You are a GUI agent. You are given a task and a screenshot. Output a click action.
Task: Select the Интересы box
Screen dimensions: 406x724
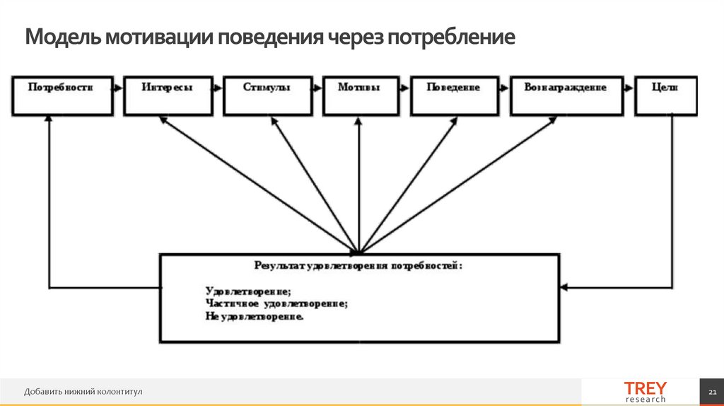coord(167,95)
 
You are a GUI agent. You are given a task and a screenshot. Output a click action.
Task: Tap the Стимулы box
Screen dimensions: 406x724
coord(267,95)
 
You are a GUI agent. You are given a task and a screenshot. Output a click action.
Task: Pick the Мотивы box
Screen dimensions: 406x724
coord(358,95)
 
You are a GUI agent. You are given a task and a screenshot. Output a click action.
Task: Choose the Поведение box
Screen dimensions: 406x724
coord(453,95)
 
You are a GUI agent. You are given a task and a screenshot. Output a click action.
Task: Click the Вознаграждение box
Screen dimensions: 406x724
coord(566,95)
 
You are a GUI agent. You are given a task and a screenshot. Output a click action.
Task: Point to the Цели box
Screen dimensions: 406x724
coord(665,95)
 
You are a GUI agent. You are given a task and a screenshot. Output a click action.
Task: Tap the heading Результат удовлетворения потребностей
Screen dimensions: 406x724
coord(358,266)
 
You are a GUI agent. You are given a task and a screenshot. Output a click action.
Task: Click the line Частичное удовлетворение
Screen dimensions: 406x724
coord(276,303)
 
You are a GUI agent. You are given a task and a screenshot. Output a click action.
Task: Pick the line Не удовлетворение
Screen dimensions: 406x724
coord(255,317)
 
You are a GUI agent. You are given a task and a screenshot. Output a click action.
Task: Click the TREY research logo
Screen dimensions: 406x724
coord(644,392)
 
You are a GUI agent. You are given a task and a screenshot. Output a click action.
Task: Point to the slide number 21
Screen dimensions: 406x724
coord(711,392)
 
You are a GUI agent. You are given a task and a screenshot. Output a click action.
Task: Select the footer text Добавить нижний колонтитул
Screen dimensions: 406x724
coord(83,392)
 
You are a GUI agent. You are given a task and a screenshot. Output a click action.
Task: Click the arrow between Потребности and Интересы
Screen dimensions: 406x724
coord(118,88)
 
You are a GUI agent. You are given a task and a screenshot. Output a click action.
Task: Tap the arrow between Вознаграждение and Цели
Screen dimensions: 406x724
coord(629,88)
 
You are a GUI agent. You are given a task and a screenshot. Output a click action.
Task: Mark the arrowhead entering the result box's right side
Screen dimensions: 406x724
coord(564,287)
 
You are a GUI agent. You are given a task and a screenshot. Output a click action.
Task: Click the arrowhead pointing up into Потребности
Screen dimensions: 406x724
coord(49,121)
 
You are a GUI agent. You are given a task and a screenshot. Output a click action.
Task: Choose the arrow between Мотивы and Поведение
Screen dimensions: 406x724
coord(402,88)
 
